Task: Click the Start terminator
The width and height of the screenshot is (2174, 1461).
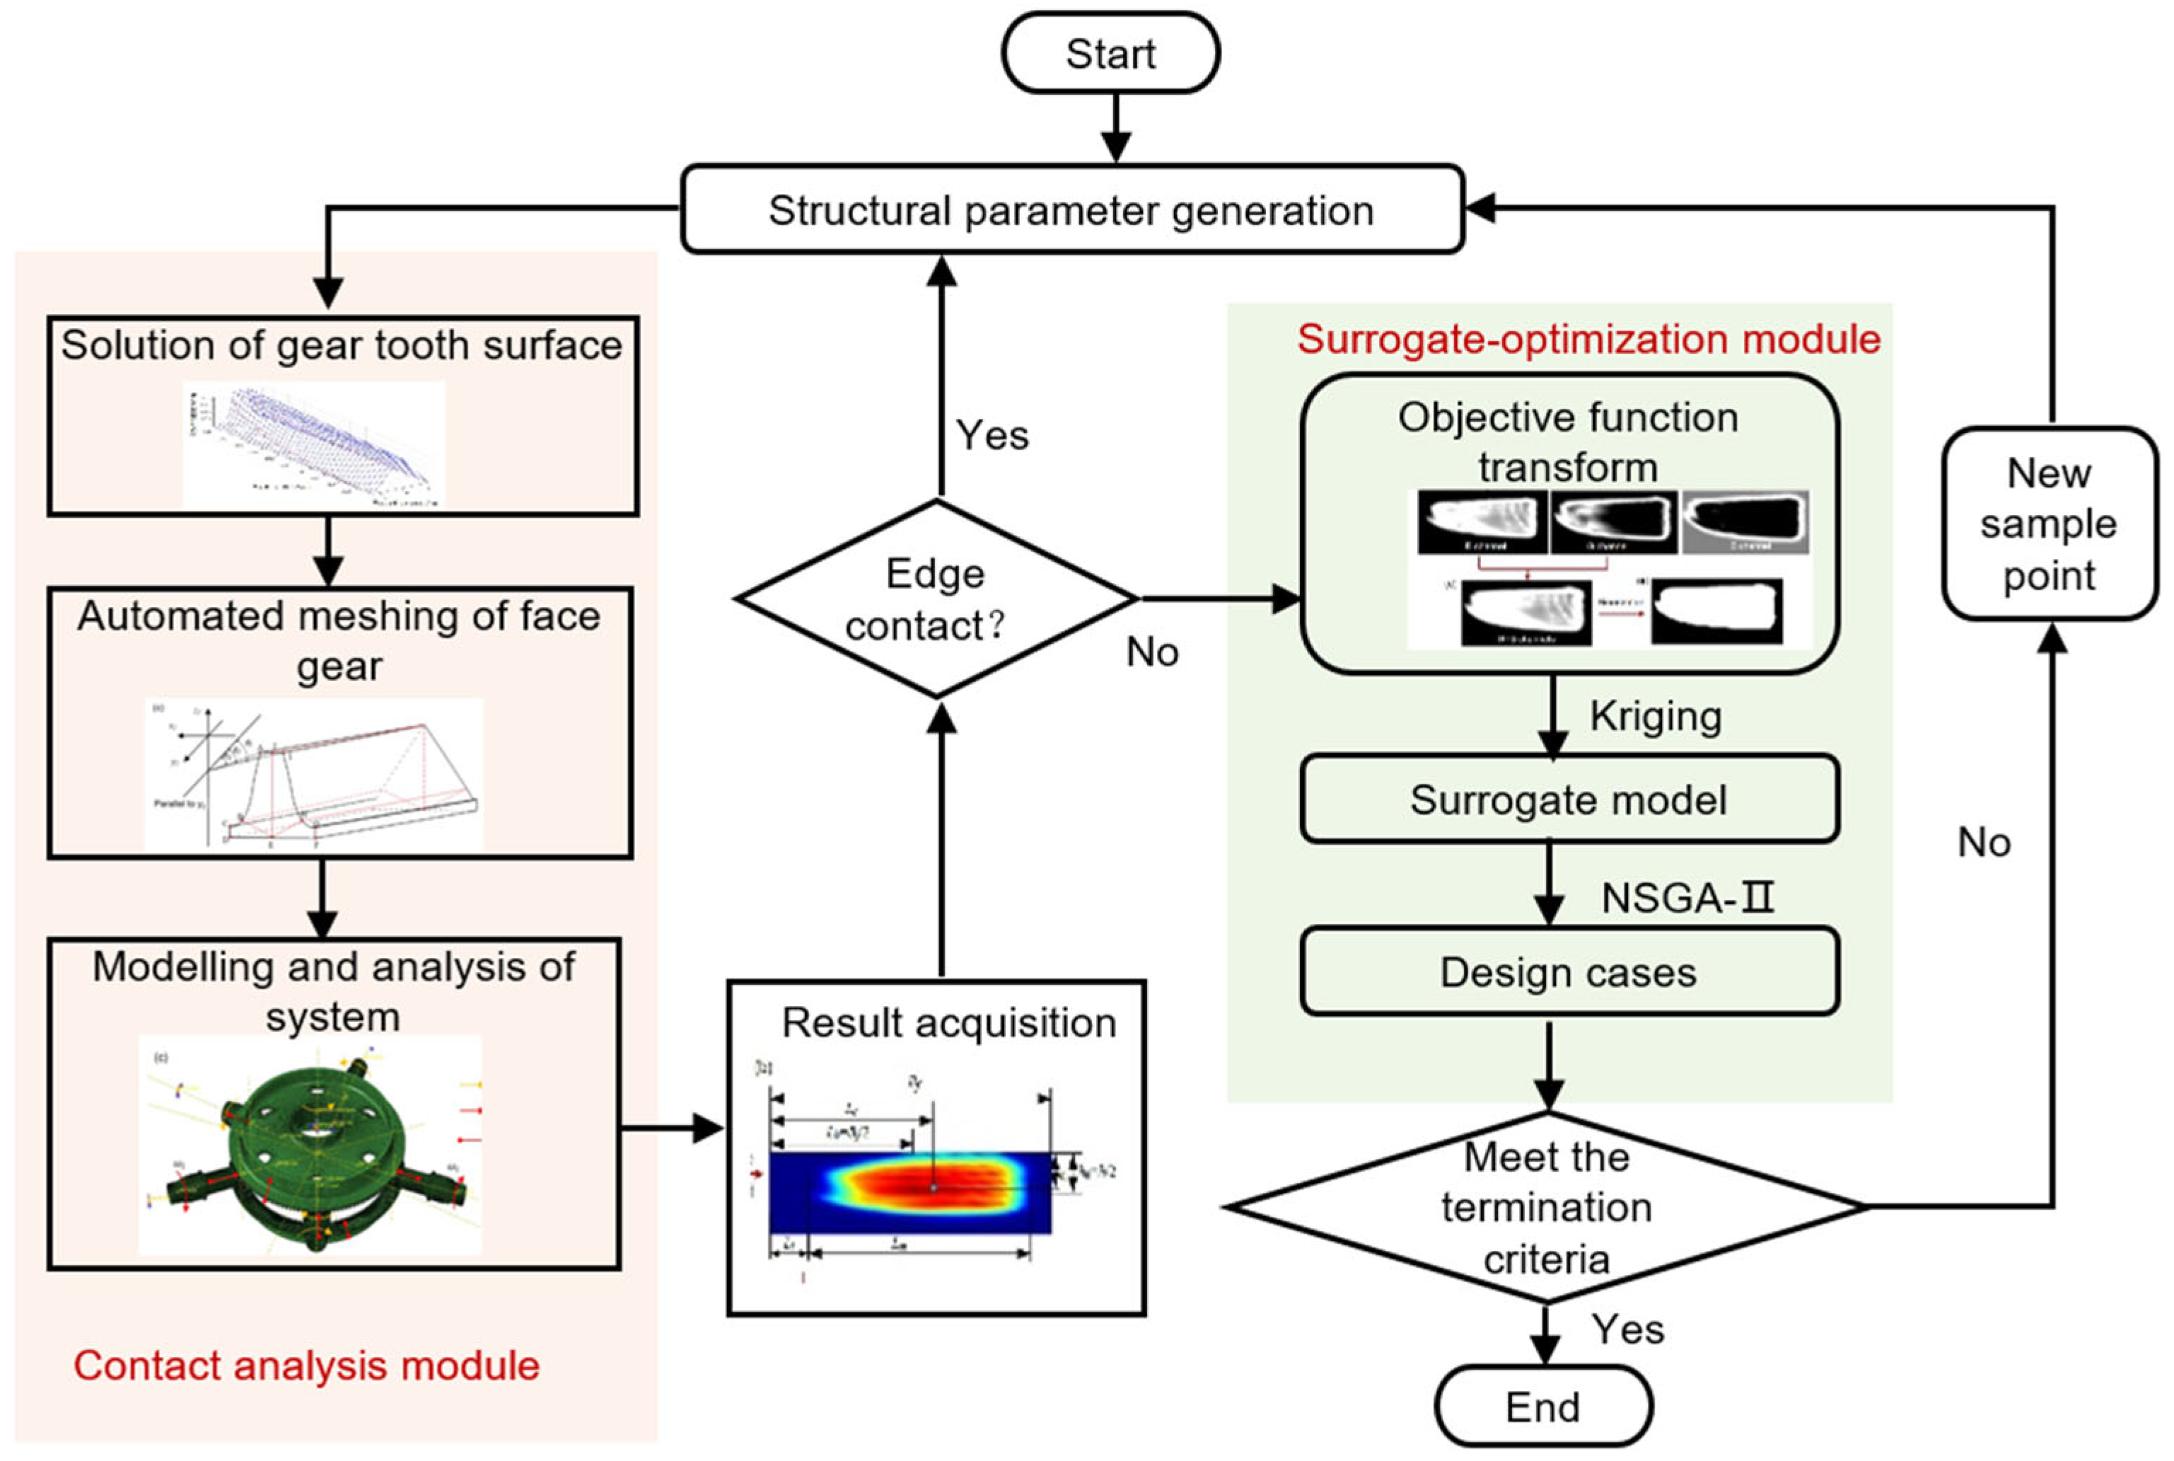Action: [x=1110, y=53]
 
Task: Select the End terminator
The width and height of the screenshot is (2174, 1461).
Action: [x=1543, y=1406]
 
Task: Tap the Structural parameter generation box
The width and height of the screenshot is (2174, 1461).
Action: [x=1071, y=209]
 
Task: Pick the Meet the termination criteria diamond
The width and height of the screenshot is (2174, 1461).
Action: [x=1546, y=1206]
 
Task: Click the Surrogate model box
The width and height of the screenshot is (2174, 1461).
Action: [x=1569, y=799]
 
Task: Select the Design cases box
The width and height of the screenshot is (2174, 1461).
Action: [x=1569, y=972]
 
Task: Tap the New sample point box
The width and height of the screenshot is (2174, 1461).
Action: [x=2050, y=524]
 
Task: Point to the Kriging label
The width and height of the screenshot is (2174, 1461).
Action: [x=1655, y=715]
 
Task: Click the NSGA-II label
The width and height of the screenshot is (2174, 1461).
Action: [x=1687, y=897]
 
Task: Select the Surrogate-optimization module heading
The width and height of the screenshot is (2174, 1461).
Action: [x=1588, y=338]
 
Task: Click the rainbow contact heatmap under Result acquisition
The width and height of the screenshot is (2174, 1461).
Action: [x=910, y=1193]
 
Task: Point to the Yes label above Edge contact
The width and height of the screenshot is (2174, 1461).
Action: [x=992, y=435]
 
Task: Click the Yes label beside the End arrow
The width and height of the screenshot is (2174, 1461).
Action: [x=1627, y=1329]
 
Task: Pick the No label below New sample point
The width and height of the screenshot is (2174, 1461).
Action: [x=1984, y=843]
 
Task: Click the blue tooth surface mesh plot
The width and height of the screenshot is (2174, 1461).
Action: [x=314, y=444]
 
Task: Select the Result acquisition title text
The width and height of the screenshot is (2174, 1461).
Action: [x=948, y=1022]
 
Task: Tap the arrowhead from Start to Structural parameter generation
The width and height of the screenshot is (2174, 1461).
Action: [x=1115, y=147]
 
